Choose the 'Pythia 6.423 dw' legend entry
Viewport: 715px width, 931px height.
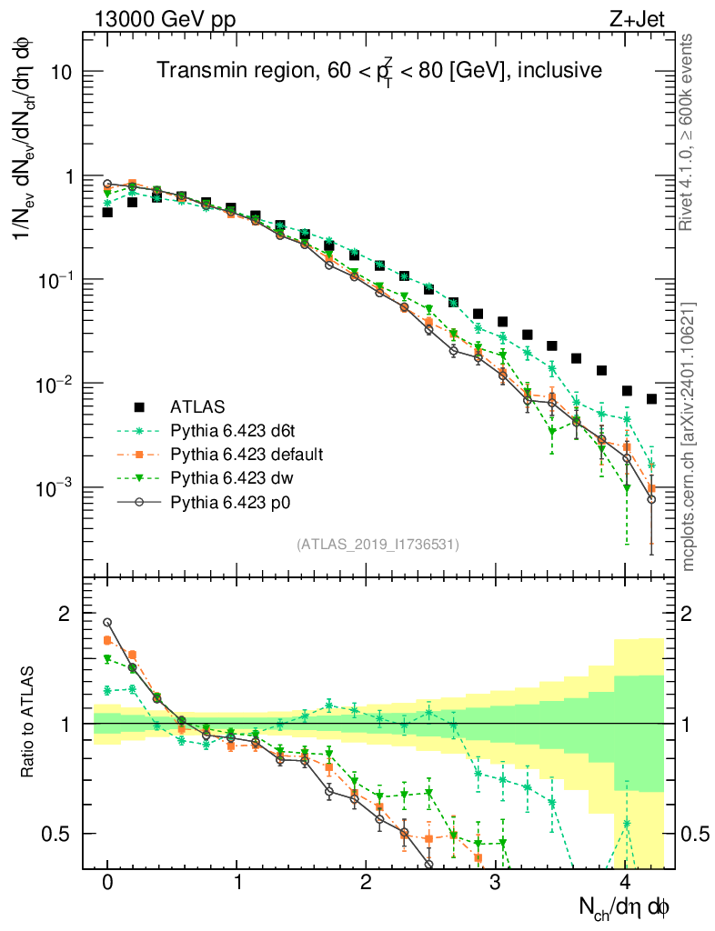pyautogui.click(x=236, y=476)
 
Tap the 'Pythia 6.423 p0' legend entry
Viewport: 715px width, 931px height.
pyautogui.click(x=236, y=500)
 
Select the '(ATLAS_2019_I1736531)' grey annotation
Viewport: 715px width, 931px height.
pyautogui.click(x=378, y=545)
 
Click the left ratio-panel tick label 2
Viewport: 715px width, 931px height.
pyautogui.click(x=65, y=614)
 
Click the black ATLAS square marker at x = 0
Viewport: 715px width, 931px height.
pyautogui.click(x=107, y=212)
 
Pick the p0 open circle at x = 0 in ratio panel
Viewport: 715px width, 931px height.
pyautogui.click(x=107, y=623)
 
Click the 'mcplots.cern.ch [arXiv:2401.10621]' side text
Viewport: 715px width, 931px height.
pyautogui.click(x=689, y=436)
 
